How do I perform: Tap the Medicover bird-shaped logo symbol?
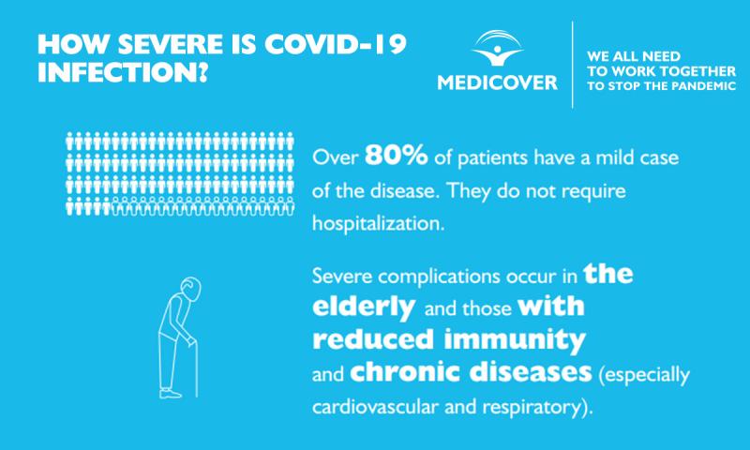(498, 48)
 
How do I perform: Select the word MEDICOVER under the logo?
(498, 82)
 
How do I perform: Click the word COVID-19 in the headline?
(336, 44)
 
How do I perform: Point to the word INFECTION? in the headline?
(123, 72)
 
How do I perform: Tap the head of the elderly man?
(191, 289)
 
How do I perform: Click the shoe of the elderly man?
(171, 394)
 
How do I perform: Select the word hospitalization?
(379, 224)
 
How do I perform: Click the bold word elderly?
(364, 307)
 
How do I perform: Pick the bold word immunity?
(515, 340)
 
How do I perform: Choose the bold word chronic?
(406, 371)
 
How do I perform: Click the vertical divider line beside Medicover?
(572, 65)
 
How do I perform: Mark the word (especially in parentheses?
(644, 375)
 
